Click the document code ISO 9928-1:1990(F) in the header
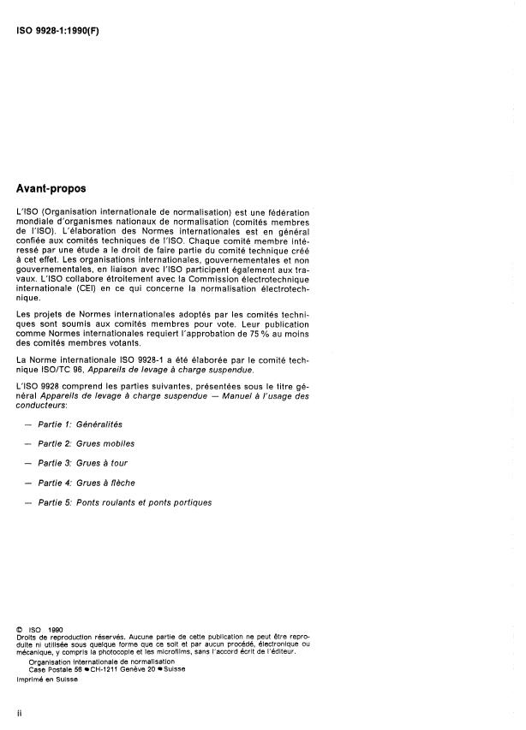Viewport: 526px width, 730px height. pos(57,30)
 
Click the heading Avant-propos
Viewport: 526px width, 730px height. pos(57,187)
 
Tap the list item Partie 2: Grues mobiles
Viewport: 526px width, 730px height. pos(87,443)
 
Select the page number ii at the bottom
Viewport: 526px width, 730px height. pos(19,712)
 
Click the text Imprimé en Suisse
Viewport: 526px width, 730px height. pos(46,679)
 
